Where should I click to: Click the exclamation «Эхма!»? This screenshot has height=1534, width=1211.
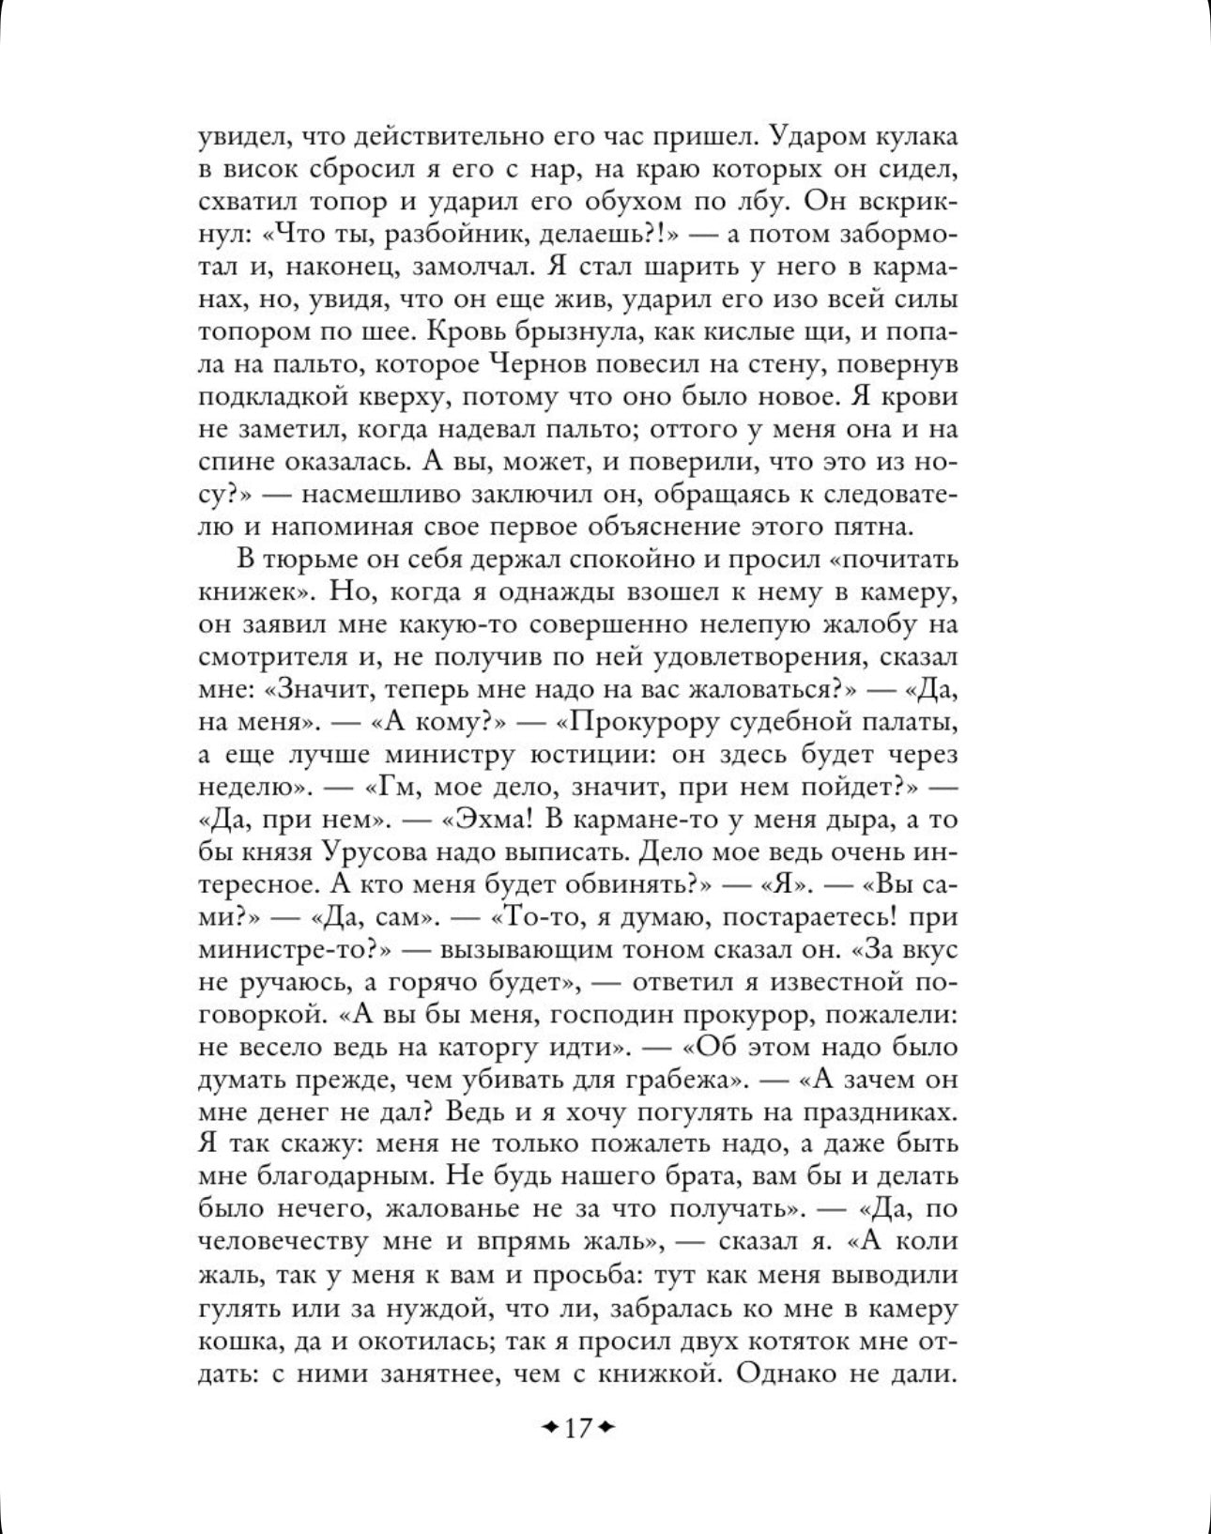pyautogui.click(x=489, y=820)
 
